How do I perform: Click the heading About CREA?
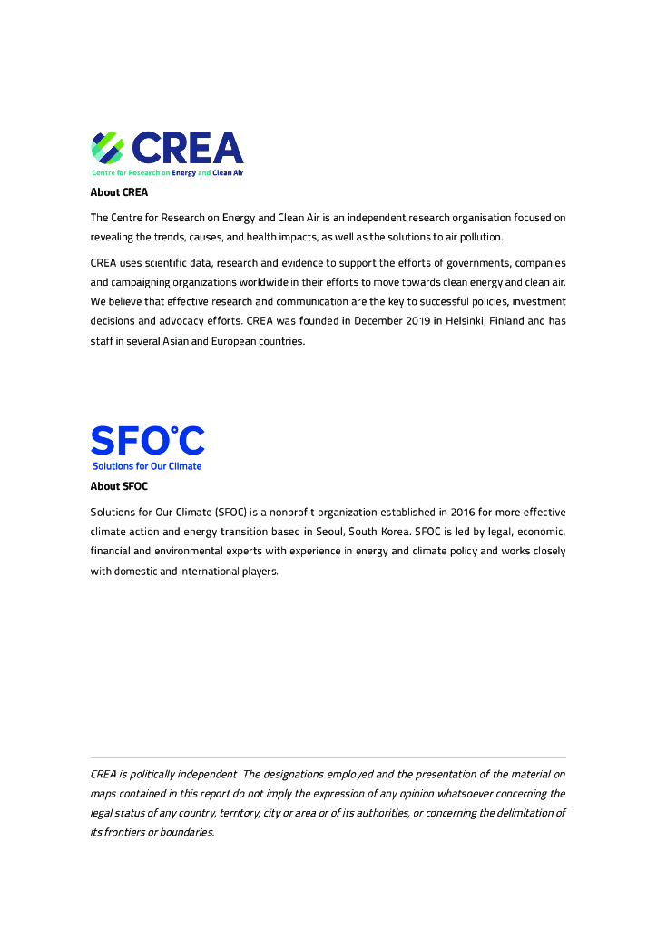(119, 192)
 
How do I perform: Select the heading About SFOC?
(119, 486)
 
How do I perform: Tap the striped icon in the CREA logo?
(107, 147)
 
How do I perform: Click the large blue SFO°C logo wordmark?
(147, 442)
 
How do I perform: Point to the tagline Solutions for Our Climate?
(147, 466)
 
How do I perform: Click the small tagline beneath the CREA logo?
(167, 172)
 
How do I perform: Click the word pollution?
(478, 237)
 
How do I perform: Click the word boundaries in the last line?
(187, 832)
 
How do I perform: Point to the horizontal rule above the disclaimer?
(328, 757)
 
